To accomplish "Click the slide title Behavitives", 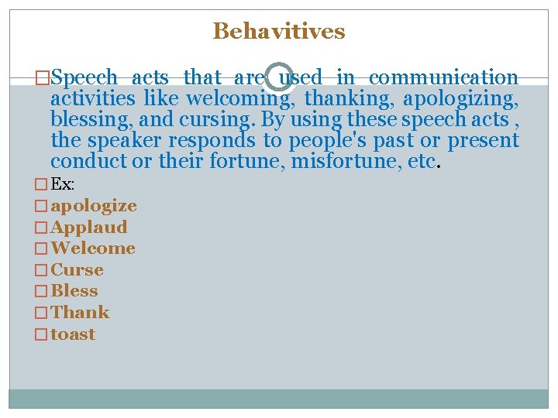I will (279, 31).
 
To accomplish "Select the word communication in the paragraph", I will (443, 78).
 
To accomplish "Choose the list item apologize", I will (94, 206).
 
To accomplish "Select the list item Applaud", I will (89, 228).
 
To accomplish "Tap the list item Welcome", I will (93, 248).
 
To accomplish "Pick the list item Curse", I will (77, 270).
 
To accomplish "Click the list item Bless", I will (74, 291).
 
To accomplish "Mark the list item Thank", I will (80, 313).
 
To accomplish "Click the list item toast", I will (73, 334).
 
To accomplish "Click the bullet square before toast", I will (41, 334).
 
